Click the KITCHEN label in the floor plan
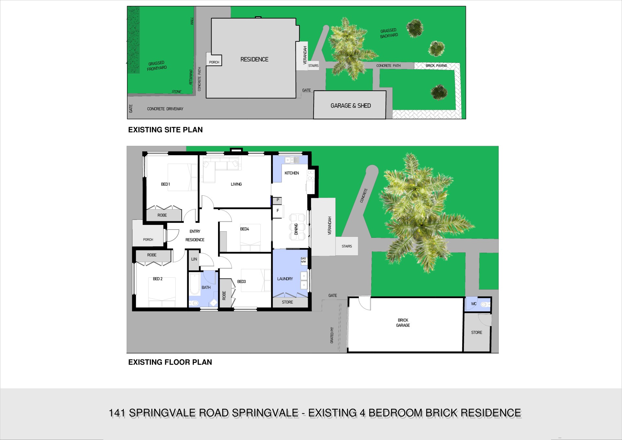pos(292,173)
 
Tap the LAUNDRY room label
pos(285,279)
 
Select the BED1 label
pos(166,184)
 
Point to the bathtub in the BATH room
pos(195,284)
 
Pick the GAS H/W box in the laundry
pos(304,260)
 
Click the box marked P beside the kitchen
pos(277,201)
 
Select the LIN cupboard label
pos(194,259)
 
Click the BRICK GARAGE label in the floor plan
pos(403,323)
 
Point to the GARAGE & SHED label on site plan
pos(351,106)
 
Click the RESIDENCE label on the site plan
pos(254,59)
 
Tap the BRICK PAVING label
pos(436,66)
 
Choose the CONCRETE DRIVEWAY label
pos(165,109)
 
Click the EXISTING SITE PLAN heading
pos(166,130)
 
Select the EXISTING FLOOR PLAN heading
pos(170,362)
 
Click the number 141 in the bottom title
pos(117,413)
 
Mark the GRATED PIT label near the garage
pos(332,335)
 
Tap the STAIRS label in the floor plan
pos(347,246)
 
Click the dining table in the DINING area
pos(298,227)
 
